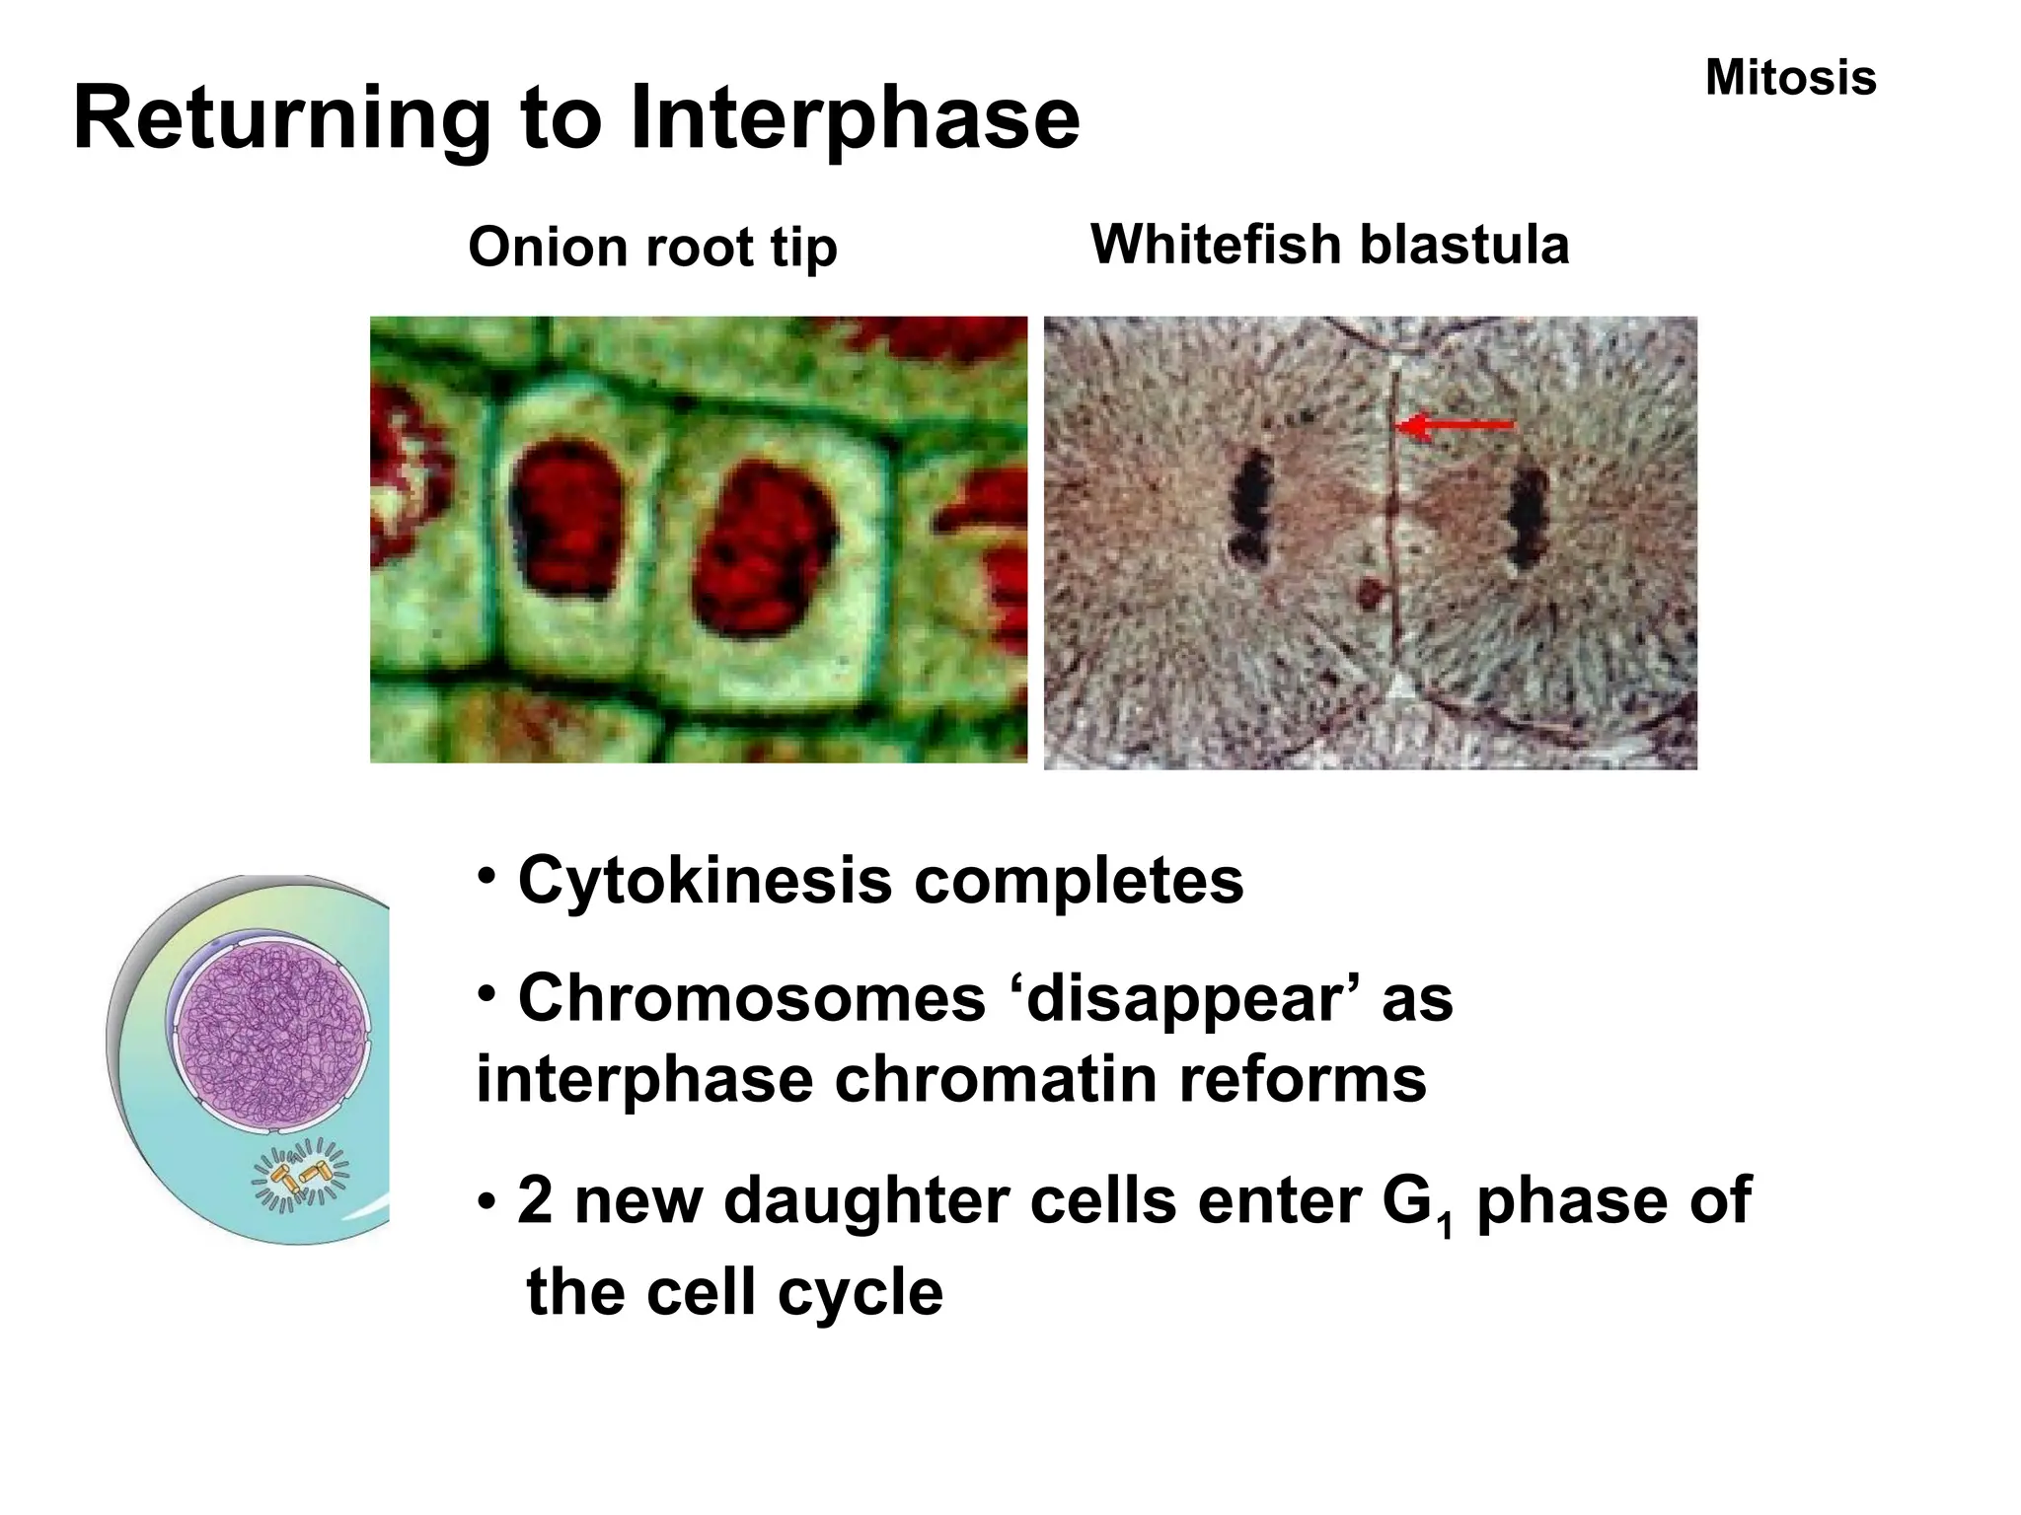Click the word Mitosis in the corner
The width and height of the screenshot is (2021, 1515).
click(x=1790, y=78)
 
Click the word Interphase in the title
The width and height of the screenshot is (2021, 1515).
click(x=855, y=119)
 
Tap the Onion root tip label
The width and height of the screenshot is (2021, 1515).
click(x=652, y=247)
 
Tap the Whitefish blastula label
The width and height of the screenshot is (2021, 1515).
click(x=1329, y=245)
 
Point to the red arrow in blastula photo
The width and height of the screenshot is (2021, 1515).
click(x=1456, y=426)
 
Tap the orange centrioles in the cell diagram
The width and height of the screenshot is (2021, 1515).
click(x=301, y=1175)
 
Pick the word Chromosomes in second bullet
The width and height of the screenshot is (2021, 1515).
click(x=751, y=997)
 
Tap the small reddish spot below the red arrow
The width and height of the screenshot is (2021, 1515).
click(x=1371, y=593)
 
